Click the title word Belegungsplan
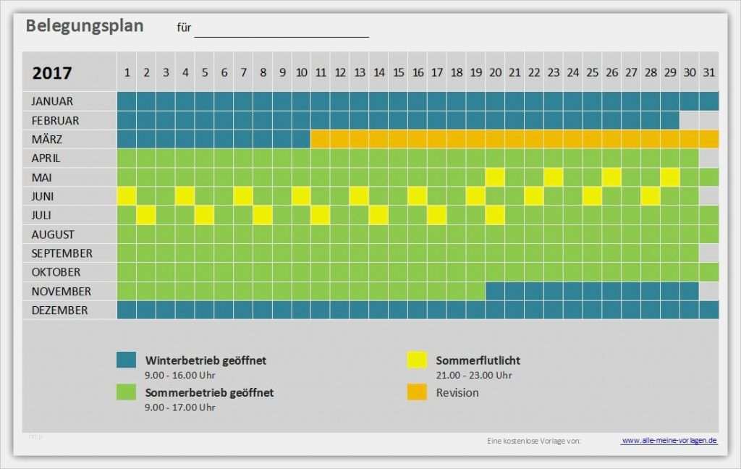click(85, 26)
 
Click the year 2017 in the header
click(52, 73)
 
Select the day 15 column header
click(398, 72)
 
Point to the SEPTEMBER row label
click(62, 253)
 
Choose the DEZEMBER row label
click(59, 310)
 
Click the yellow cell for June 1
click(127, 196)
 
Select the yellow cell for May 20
click(495, 177)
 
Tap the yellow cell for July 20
click(495, 215)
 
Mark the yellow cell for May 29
click(670, 177)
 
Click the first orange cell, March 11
click(321, 139)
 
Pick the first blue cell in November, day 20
click(495, 291)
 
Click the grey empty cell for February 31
click(708, 120)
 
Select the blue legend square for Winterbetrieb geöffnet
click(127, 360)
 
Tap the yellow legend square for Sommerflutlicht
click(416, 360)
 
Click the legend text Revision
click(457, 392)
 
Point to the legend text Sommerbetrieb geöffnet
click(209, 392)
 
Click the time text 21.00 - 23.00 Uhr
click(473, 375)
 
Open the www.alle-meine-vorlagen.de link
click(669, 440)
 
